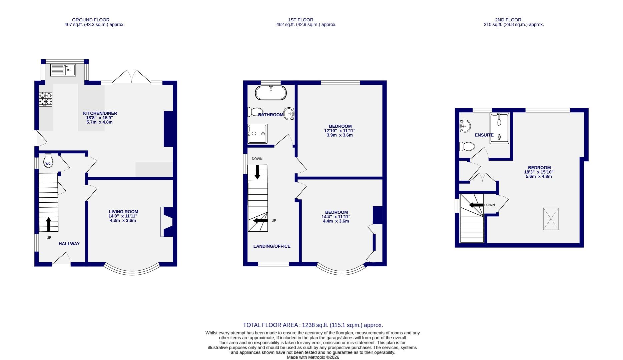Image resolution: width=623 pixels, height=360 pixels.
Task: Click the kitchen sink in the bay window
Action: tap(63, 70)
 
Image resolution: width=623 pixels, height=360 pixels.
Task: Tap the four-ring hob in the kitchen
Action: tap(46, 99)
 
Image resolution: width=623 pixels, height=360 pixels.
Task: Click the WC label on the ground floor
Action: tap(48, 164)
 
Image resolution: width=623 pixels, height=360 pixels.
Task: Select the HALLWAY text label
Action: tap(69, 244)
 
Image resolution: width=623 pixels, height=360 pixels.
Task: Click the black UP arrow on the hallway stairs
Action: tap(49, 224)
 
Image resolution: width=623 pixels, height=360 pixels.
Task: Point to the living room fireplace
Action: tap(166, 222)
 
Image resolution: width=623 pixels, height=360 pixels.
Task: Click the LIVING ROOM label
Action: tap(123, 212)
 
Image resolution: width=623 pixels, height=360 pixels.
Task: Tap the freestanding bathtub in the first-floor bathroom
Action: tap(270, 93)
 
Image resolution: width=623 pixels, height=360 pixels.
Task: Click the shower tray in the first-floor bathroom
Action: tap(257, 134)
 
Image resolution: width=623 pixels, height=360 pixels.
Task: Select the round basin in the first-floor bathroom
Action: tap(289, 114)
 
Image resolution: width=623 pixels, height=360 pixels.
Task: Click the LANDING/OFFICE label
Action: tap(272, 246)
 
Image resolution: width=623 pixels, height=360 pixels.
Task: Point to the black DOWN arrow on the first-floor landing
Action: tap(257, 172)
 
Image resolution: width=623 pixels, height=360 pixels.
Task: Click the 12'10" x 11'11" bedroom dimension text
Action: tap(340, 131)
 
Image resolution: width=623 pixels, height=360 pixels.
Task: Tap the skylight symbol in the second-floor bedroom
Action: tap(551, 219)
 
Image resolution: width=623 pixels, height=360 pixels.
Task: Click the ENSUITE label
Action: tap(484, 135)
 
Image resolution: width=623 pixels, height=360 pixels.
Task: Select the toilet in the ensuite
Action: tap(467, 146)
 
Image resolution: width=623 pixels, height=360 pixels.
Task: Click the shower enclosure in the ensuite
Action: tap(499, 128)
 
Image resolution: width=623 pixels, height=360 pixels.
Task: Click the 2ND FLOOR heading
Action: tap(508, 20)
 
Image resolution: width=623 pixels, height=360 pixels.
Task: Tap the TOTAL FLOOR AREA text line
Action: tap(313, 325)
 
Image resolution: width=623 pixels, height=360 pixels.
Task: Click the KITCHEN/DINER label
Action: tap(100, 113)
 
